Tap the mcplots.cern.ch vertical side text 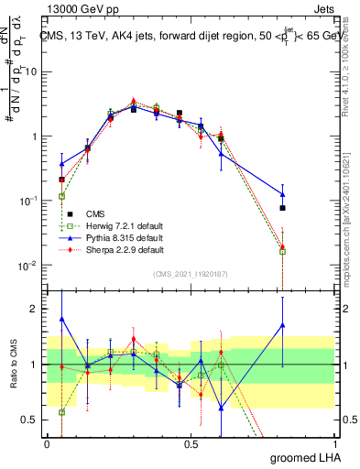pyautogui.click(x=352, y=229)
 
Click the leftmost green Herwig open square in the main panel pyautogui.click(x=61, y=196)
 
